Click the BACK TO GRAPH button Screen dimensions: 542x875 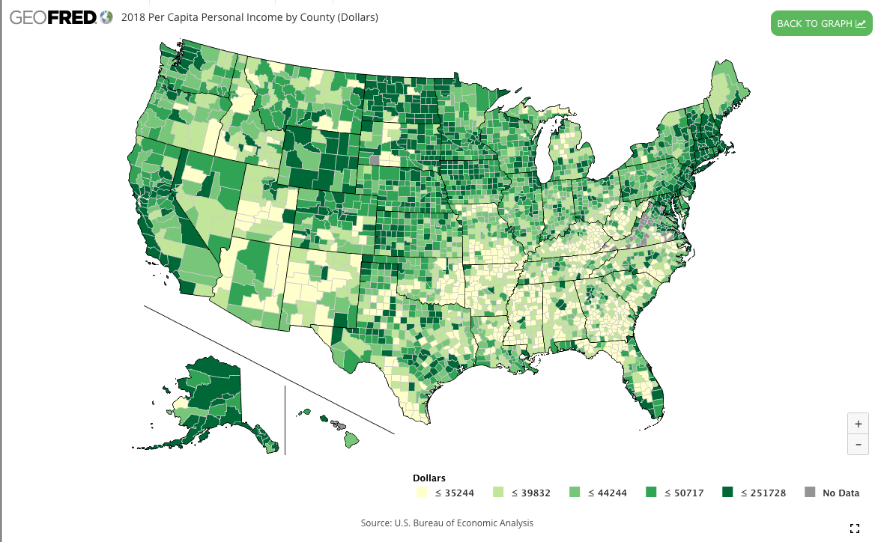pyautogui.click(x=821, y=23)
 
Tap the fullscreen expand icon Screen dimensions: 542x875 pyautogui.click(x=855, y=529)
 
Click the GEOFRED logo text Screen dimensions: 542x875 pyautogui.click(x=52, y=17)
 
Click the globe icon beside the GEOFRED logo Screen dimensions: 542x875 pyautogui.click(x=106, y=16)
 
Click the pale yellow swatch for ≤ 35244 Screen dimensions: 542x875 pyautogui.click(x=422, y=493)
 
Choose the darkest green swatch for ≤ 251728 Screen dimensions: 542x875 pyautogui.click(x=727, y=493)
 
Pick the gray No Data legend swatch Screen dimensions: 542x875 pyautogui.click(x=809, y=493)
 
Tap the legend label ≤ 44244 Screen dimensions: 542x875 pyautogui.click(x=607, y=493)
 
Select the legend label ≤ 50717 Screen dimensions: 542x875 pyautogui.click(x=683, y=493)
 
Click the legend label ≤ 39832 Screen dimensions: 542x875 pyautogui.click(x=530, y=493)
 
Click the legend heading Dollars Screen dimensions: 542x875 pyautogui.click(x=429, y=478)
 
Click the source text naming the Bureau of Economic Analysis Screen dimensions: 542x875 pyautogui.click(x=446, y=523)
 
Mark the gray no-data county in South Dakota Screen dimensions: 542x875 pyautogui.click(x=374, y=159)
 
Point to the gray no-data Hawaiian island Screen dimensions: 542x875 pyautogui.click(x=340, y=425)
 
